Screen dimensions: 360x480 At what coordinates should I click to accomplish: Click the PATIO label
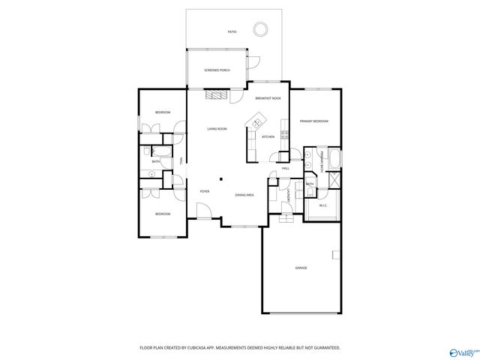[x=232, y=32]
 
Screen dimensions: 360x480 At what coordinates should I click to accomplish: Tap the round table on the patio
[x=260, y=29]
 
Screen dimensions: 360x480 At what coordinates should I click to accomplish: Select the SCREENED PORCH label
[x=217, y=70]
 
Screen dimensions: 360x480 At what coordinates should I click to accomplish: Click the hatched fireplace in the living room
[x=217, y=94]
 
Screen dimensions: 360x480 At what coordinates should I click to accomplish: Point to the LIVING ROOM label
[x=217, y=129]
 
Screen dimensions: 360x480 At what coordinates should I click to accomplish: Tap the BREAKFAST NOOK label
[x=268, y=99]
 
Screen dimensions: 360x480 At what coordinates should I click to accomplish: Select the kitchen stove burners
[x=285, y=135]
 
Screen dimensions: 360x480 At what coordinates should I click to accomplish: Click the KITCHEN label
[x=268, y=136]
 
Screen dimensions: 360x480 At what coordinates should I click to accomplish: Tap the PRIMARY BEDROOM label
[x=314, y=121]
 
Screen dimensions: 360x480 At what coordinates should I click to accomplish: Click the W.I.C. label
[x=323, y=205]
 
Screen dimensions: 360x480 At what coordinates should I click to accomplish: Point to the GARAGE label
[x=301, y=268]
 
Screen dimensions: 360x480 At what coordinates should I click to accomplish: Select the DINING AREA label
[x=244, y=195]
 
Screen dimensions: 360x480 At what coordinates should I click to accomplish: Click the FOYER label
[x=204, y=191]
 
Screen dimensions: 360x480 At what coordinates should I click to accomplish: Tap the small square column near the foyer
[x=220, y=178]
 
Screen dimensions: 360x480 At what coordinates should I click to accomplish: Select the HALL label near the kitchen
[x=286, y=169]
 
